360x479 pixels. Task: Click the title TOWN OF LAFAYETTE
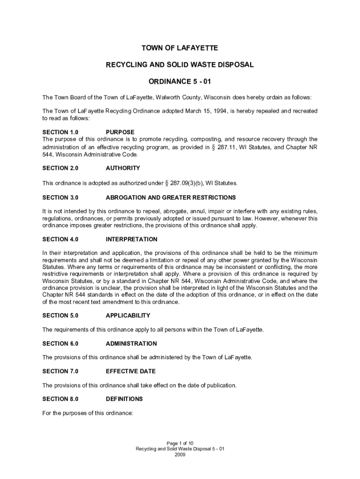[180, 48]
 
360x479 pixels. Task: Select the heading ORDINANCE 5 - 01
[180, 82]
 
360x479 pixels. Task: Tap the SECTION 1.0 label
[60, 132]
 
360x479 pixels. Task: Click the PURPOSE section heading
[120, 132]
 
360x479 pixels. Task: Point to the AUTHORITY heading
[123, 168]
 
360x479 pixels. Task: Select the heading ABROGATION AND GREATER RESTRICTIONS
[171, 197]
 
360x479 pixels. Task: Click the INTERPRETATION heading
[131, 239]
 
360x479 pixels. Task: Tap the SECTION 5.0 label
[60, 316]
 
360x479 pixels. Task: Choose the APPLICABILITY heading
[128, 316]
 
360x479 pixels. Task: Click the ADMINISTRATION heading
[131, 344]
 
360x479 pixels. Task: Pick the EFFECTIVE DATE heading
[130, 371]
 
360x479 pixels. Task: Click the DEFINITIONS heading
[124, 399]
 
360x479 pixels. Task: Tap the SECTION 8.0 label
[60, 399]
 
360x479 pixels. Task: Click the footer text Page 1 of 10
[180, 443]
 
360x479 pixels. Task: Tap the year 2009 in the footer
[180, 455]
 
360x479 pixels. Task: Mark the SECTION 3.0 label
[60, 197]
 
